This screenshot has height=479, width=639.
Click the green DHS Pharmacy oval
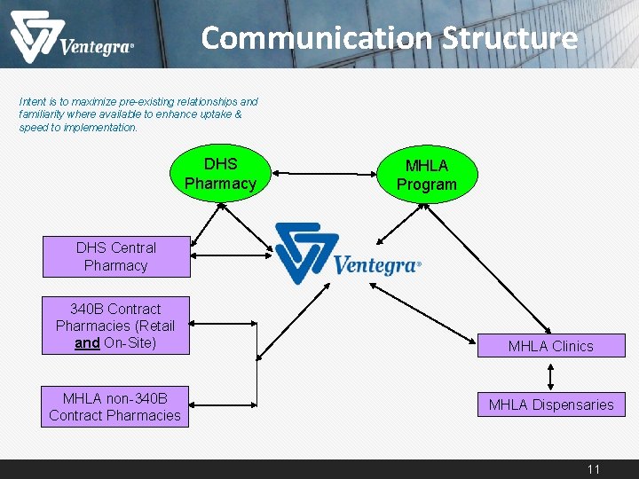click(220, 174)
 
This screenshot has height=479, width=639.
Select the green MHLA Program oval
click(427, 176)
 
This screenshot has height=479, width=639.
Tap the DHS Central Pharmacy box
click(115, 256)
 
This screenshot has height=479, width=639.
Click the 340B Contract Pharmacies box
click(115, 326)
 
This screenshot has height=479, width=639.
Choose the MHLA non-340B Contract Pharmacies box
click(114, 406)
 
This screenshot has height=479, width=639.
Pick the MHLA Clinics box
click(550, 346)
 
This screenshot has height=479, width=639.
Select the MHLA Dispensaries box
click(550, 404)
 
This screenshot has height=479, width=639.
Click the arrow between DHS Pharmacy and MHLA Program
click(324, 175)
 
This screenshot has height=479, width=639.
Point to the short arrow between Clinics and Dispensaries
click(551, 374)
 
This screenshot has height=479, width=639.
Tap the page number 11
click(594, 469)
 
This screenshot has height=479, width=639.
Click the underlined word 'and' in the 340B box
click(87, 342)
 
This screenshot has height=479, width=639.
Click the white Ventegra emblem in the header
click(33, 36)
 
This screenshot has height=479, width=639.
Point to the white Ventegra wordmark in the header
click(96, 47)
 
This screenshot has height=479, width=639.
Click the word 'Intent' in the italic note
click(33, 102)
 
